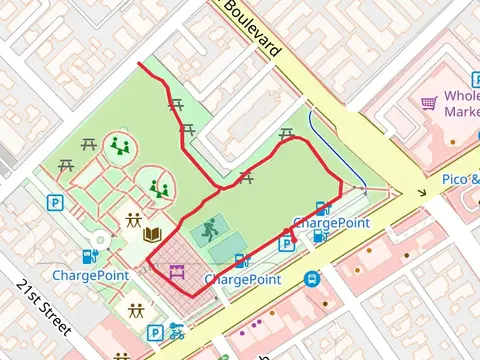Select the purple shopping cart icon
coord(429,102)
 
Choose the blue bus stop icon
coord(313,279)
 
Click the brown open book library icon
coord(153,235)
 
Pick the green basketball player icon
coord(208,230)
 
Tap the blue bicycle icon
coord(177,330)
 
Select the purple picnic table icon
coord(177,270)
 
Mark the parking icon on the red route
coord(286,242)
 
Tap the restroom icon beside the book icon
coord(133,221)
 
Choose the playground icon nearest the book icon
coord(157,187)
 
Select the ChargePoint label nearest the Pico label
coord(331,222)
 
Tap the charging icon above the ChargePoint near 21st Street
coord(91,255)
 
